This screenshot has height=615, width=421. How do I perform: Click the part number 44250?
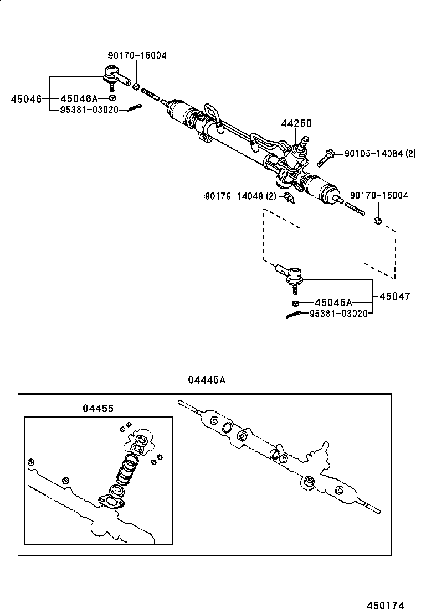296,124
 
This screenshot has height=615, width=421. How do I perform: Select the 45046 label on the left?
26,99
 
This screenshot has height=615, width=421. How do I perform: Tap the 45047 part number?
394,296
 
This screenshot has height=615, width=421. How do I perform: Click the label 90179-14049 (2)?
240,196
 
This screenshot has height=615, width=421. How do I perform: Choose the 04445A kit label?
206,380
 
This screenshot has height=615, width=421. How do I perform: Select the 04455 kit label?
98,408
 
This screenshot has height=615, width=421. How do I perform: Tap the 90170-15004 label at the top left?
137,56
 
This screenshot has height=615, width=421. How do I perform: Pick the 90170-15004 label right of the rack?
379,196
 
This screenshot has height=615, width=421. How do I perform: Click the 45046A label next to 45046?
79,98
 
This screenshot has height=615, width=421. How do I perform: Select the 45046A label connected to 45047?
333,303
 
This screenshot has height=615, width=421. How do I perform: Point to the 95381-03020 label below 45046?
89,110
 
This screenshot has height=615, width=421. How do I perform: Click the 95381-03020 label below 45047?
337,314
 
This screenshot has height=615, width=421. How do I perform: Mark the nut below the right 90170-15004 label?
378,221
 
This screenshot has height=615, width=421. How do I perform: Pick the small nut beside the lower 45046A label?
296,303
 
